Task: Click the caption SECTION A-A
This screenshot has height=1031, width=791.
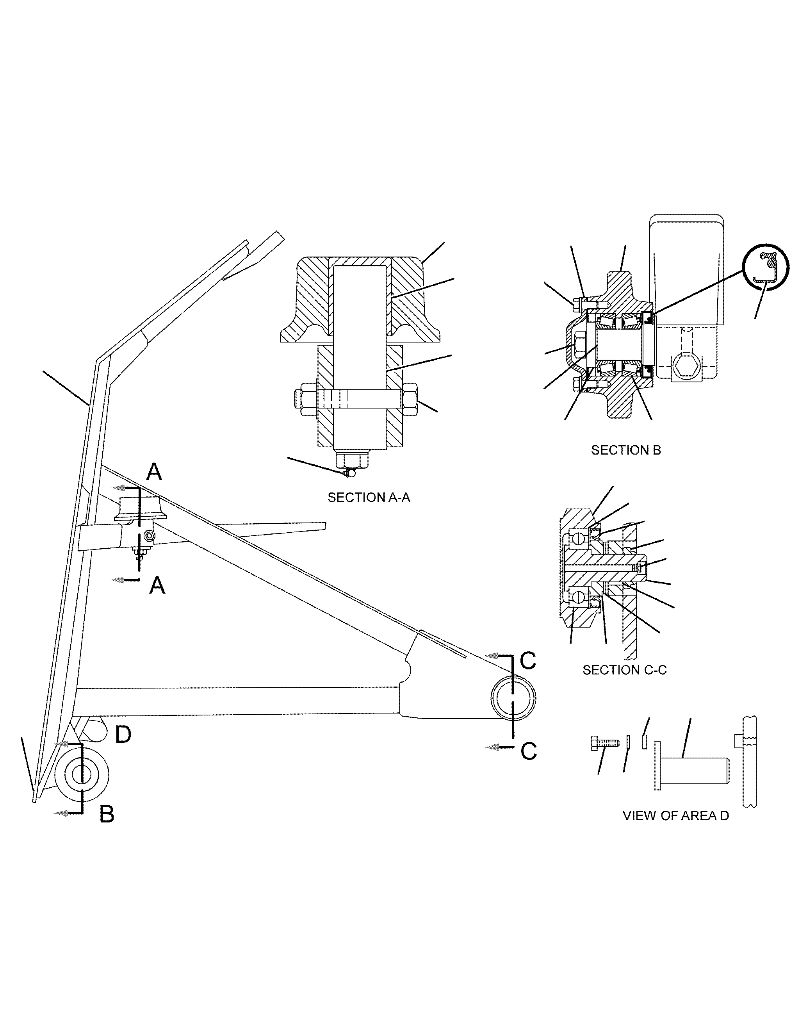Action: coord(369,498)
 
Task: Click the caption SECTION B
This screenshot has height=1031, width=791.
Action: coord(626,450)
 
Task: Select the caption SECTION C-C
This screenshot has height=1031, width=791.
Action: coord(624,670)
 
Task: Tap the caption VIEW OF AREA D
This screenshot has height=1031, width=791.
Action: coord(676,816)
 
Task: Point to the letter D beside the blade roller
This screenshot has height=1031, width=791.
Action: coord(123,734)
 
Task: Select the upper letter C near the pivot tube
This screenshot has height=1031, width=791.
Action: coord(528,661)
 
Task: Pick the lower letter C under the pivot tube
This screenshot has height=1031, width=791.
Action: coord(529,751)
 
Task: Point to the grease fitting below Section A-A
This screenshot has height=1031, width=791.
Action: coord(349,473)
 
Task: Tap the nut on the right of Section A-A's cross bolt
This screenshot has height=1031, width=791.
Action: coord(410,400)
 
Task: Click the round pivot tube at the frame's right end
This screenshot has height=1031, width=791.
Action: coord(513,697)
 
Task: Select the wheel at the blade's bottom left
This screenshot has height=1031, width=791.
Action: coord(82,774)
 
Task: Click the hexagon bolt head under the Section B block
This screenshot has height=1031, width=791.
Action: coord(686,365)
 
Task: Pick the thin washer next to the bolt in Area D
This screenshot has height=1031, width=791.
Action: coord(628,741)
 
